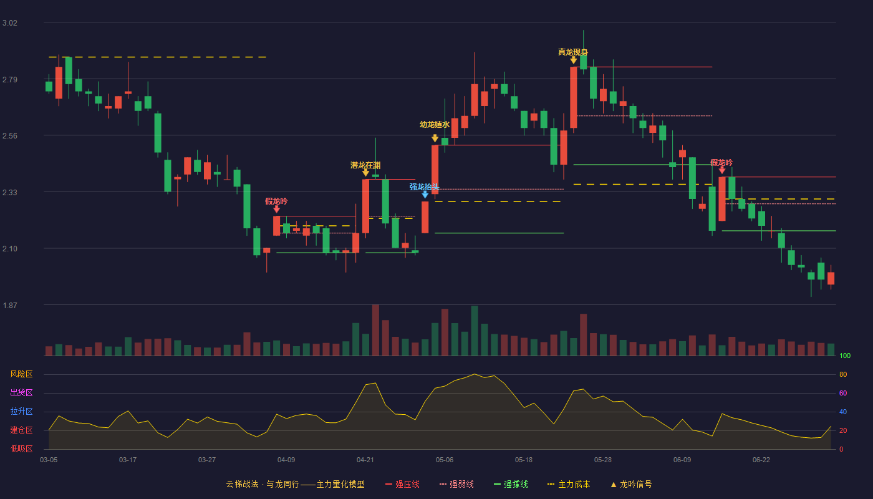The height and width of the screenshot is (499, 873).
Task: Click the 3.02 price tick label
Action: pyautogui.click(x=10, y=23)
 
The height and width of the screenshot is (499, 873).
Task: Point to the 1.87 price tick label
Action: pyautogui.click(x=10, y=305)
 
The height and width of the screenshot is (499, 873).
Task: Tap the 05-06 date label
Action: pyautogui.click(x=444, y=460)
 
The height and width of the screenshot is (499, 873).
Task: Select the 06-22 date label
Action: pyautogui.click(x=761, y=460)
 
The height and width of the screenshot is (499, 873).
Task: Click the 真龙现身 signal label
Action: pyautogui.click(x=573, y=52)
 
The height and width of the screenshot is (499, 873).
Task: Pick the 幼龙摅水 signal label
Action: pyautogui.click(x=435, y=124)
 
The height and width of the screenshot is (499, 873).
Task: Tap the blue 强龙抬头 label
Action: pyautogui.click(x=425, y=187)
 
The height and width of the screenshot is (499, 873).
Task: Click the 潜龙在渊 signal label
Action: pyautogui.click(x=365, y=165)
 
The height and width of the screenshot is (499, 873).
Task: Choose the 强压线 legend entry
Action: pyautogui.click(x=402, y=484)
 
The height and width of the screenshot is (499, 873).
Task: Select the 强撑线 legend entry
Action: pyautogui.click(x=511, y=484)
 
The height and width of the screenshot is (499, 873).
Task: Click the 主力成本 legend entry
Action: pyautogui.click(x=569, y=484)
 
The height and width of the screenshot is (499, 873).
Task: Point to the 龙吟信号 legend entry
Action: pyautogui.click(x=631, y=484)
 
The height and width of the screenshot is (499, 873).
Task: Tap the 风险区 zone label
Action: pyautogui.click(x=21, y=374)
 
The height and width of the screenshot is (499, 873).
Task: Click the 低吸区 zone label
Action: pyautogui.click(x=21, y=449)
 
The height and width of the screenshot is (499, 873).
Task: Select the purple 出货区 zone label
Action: pyautogui.click(x=21, y=392)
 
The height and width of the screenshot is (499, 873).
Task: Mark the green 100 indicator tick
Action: pyautogui.click(x=845, y=356)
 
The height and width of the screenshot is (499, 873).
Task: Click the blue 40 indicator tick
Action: pyautogui.click(x=843, y=412)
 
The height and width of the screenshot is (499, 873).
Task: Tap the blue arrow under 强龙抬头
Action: pyautogui.click(x=425, y=194)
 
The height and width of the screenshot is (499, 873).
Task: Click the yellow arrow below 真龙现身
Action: pyautogui.click(x=573, y=60)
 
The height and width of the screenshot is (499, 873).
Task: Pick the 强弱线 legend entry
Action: pyautogui.click(x=456, y=484)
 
